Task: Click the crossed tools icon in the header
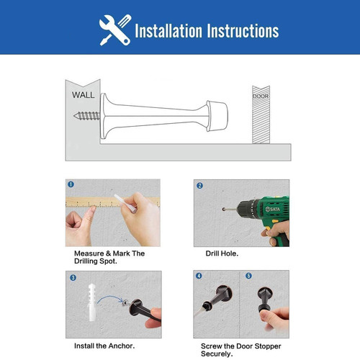click(x=115, y=30)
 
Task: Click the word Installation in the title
click(x=168, y=31)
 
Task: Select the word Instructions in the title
click(x=243, y=31)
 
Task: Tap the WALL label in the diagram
click(x=83, y=95)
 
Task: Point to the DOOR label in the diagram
click(x=261, y=96)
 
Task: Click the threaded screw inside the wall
click(x=86, y=116)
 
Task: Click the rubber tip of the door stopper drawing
click(x=217, y=116)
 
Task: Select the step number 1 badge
click(x=71, y=184)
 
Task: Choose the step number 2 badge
click(x=199, y=186)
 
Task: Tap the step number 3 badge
click(x=73, y=278)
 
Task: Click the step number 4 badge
click(x=199, y=276)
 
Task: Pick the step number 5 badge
click(x=248, y=276)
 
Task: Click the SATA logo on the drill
click(x=273, y=210)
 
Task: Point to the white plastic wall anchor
click(x=91, y=302)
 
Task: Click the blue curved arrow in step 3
click(x=110, y=298)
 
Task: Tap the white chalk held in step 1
click(x=125, y=203)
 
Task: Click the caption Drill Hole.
click(x=222, y=253)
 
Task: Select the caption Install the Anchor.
click(x=104, y=346)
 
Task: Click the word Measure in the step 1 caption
click(x=89, y=253)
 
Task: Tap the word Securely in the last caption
click(x=217, y=354)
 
